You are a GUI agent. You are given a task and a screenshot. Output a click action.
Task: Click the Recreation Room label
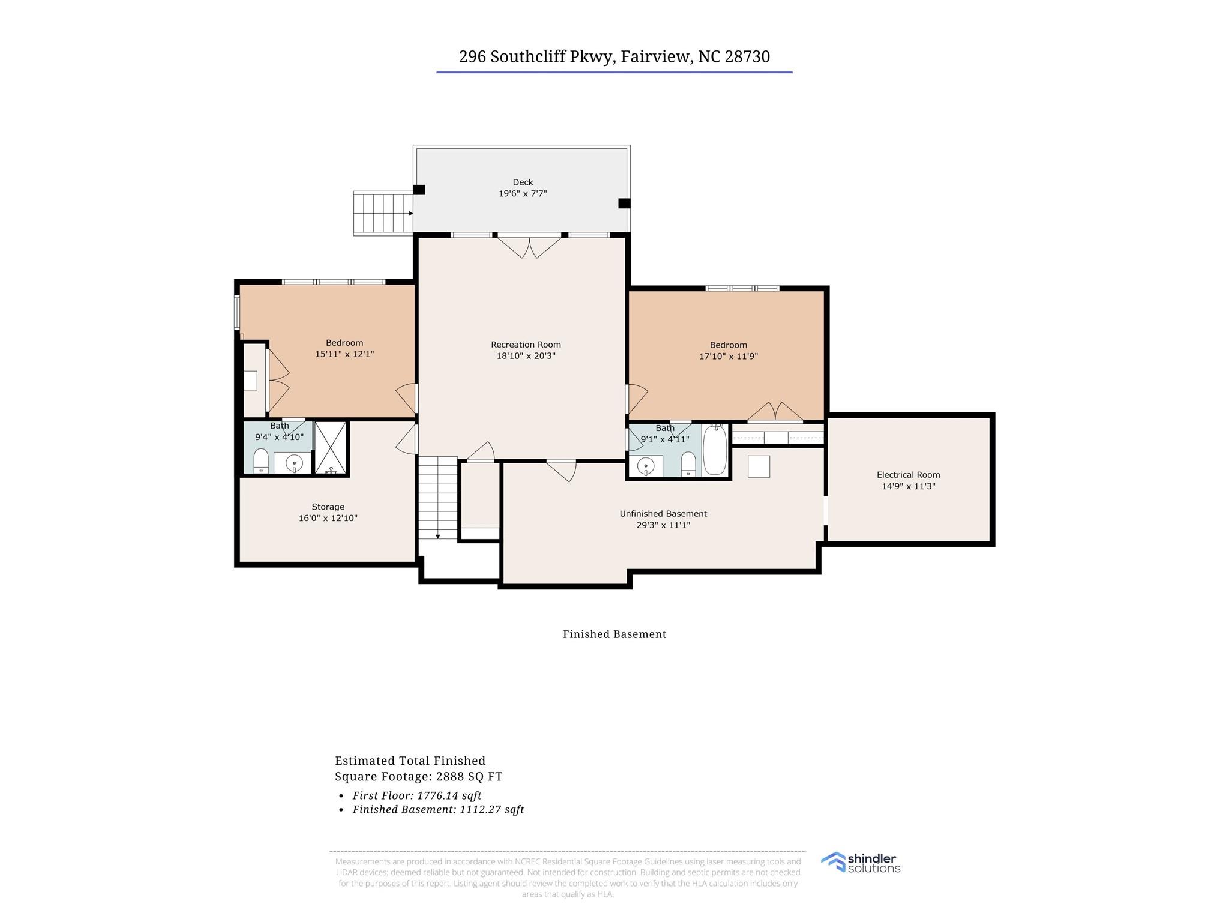pyautogui.click(x=526, y=345)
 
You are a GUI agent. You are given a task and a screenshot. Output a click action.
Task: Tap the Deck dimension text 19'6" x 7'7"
pyautogui.click(x=523, y=194)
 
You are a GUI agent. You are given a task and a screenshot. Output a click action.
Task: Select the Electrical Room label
pyautogui.click(x=908, y=475)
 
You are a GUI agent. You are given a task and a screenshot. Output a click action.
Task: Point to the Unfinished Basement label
pyautogui.click(x=663, y=514)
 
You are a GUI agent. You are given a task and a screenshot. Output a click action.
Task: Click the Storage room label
pyautogui.click(x=328, y=507)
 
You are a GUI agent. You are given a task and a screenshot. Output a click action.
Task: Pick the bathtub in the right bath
pyautogui.click(x=715, y=450)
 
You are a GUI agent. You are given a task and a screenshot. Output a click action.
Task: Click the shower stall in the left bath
pyautogui.click(x=331, y=448)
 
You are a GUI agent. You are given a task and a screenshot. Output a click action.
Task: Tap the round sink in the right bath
pyautogui.click(x=646, y=465)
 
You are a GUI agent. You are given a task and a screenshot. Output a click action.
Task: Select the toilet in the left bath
pyautogui.click(x=261, y=461)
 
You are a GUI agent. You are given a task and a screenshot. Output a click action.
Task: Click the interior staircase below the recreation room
pyautogui.click(x=438, y=497)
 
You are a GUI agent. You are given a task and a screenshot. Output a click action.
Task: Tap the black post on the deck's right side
pyautogui.click(x=624, y=203)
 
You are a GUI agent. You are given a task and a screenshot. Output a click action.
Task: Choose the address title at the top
pyautogui.click(x=614, y=56)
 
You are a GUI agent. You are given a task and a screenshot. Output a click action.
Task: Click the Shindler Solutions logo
pyautogui.click(x=861, y=863)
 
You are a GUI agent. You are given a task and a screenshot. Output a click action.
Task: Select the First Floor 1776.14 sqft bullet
pyautogui.click(x=417, y=795)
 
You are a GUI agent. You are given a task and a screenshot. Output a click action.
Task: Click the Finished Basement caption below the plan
pyautogui.click(x=614, y=634)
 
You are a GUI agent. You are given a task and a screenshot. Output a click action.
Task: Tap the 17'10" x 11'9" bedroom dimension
pyautogui.click(x=729, y=356)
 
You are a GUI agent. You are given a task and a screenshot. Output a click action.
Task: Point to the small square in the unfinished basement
pyautogui.click(x=759, y=466)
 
